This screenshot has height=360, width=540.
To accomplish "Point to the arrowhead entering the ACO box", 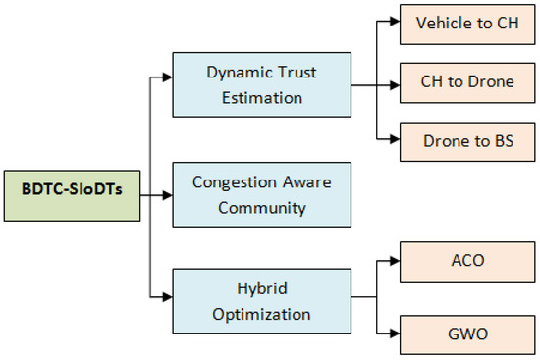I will (395, 264).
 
